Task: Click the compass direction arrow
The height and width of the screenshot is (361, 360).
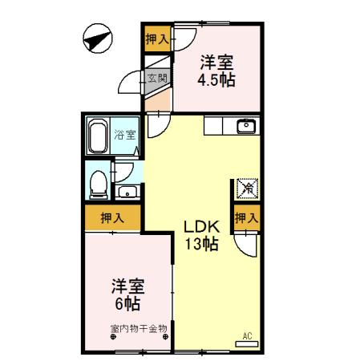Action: coord(97,38)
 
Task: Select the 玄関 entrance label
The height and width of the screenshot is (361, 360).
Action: coord(157,79)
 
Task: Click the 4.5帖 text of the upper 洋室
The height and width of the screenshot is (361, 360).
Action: coord(216,80)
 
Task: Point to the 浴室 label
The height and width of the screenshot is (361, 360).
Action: coord(124,135)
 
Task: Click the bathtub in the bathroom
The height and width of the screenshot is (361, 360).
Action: coord(99,138)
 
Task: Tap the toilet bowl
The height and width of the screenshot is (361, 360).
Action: coord(98,184)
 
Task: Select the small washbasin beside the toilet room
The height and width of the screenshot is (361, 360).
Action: coord(127,192)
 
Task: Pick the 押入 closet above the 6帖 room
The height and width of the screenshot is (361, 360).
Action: coord(112,217)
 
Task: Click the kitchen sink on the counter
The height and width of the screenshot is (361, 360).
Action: coord(245,126)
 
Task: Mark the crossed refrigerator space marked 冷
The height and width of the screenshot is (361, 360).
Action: coord(248,189)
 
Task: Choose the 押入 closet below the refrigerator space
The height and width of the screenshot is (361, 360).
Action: coord(247,217)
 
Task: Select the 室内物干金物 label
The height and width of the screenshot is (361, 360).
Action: coord(138,327)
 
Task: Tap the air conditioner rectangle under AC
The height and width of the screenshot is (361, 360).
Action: coord(247,344)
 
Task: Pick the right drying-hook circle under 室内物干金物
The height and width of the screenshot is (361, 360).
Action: coord(164,337)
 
